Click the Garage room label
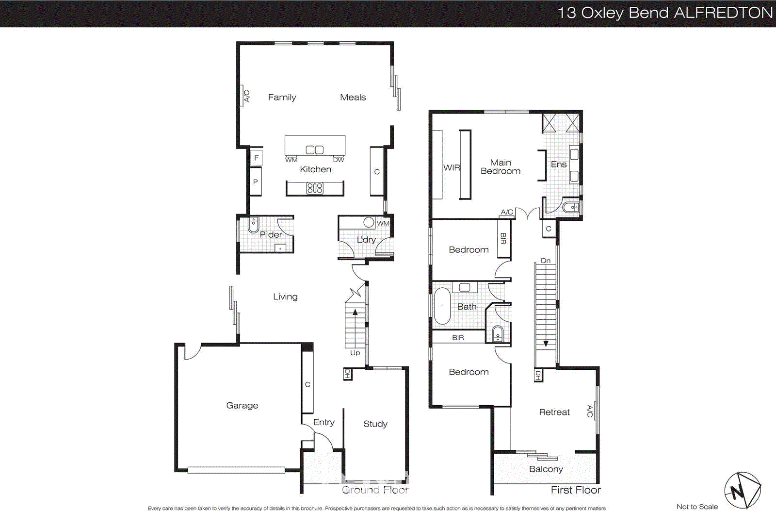click(x=242, y=405)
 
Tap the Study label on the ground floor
click(x=375, y=424)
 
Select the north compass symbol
click(x=742, y=491)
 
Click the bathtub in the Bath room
click(x=442, y=306)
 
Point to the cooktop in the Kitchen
click(x=315, y=188)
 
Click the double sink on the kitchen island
click(x=314, y=150)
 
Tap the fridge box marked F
click(x=256, y=158)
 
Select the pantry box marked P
click(x=256, y=181)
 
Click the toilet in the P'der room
click(x=253, y=225)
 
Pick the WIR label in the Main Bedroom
click(x=451, y=167)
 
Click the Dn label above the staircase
click(x=546, y=261)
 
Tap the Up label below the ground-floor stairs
click(x=355, y=353)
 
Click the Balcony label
click(x=546, y=469)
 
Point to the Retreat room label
click(x=554, y=412)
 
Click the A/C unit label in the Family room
click(x=246, y=96)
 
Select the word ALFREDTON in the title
click(x=723, y=13)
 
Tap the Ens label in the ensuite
click(x=559, y=165)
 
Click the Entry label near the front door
click(x=323, y=422)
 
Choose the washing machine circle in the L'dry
click(x=369, y=222)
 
